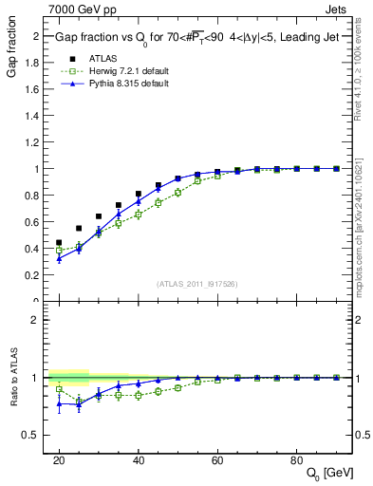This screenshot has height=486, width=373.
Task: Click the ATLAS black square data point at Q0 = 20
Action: pyautogui.click(x=59, y=242)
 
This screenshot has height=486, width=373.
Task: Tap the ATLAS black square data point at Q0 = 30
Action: pyautogui.click(x=98, y=216)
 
